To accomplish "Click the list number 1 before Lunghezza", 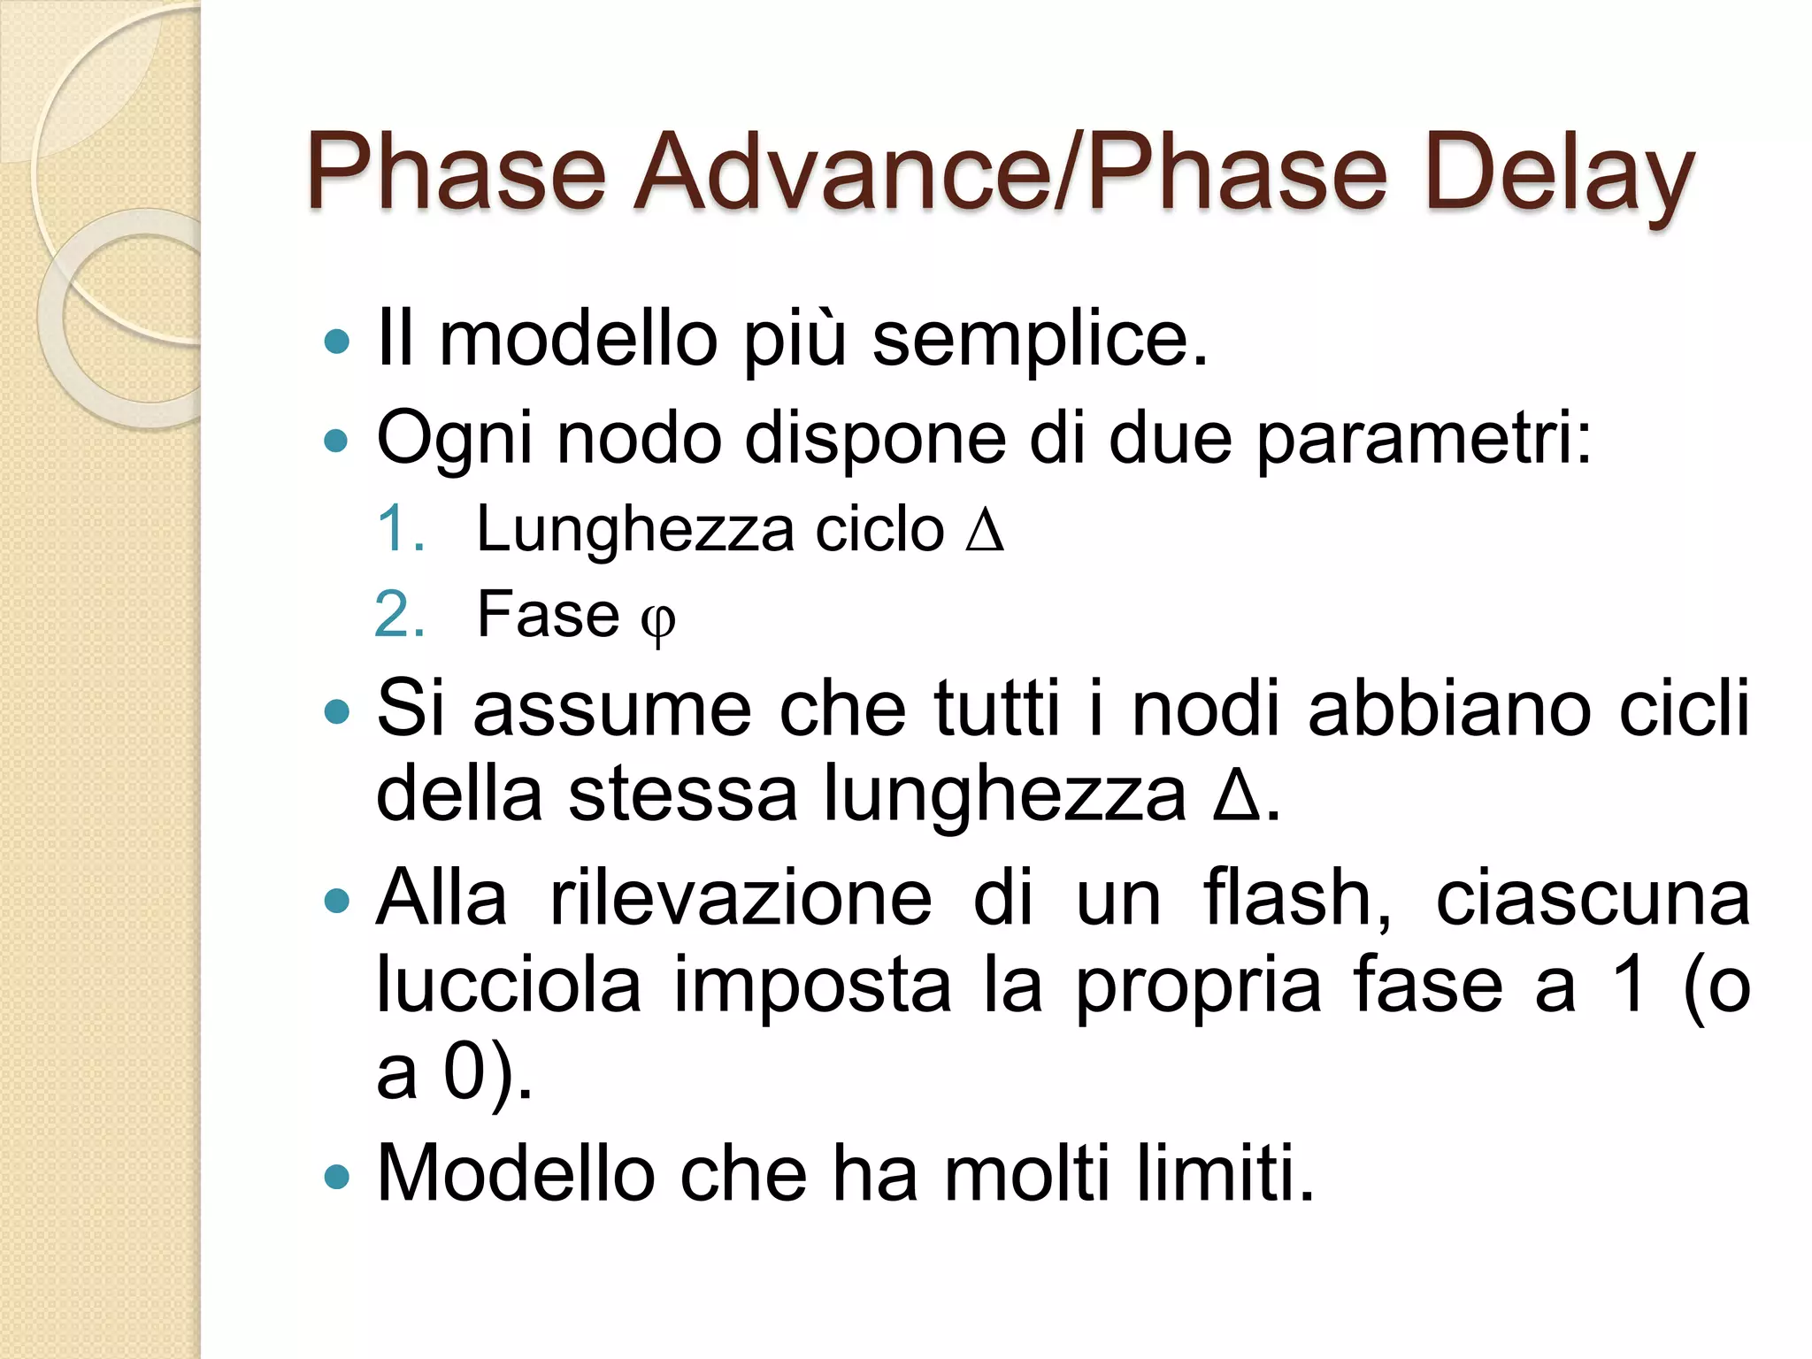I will click(399, 529).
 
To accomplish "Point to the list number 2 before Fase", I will click(399, 614).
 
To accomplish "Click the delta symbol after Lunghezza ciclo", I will click(985, 531).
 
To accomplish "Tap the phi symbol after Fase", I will click(657, 619).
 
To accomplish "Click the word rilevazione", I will click(741, 899).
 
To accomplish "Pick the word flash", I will click(1295, 899).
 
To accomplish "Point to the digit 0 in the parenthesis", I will click(464, 1071).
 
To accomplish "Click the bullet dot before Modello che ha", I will click(337, 1177).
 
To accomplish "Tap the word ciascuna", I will click(1592, 899).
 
